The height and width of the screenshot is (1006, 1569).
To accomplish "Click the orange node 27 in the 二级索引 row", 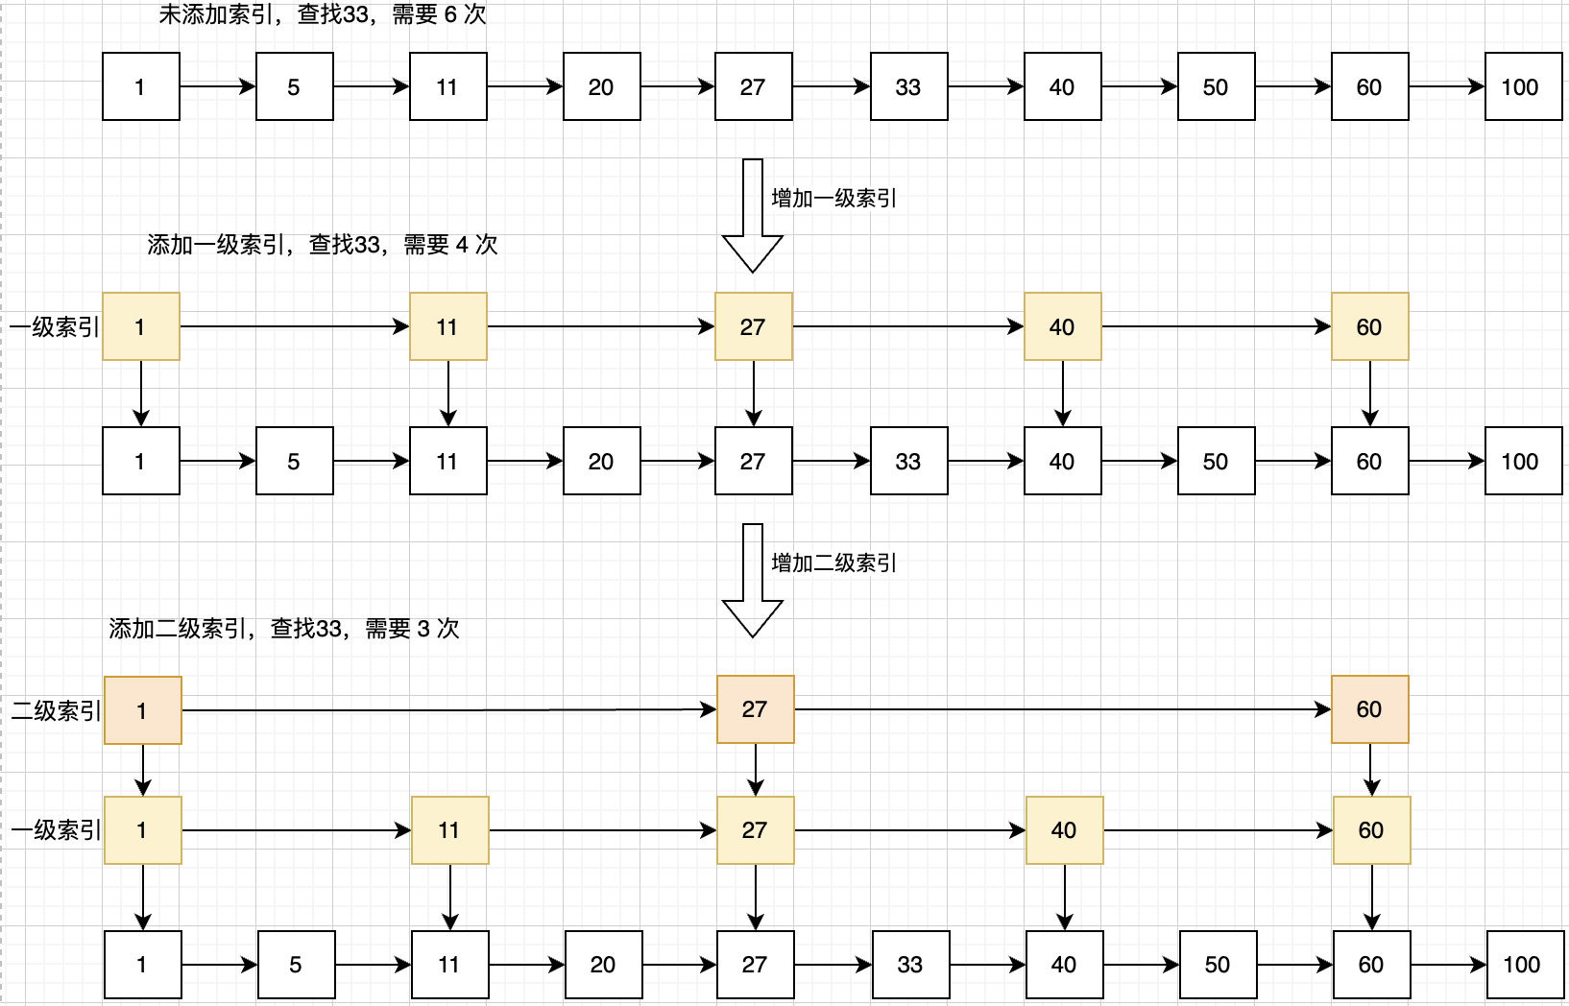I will pyautogui.click(x=756, y=709).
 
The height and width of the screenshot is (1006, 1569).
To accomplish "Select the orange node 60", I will pyautogui.click(x=1369, y=709).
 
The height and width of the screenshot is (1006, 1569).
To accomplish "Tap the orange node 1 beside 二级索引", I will pyautogui.click(x=142, y=710).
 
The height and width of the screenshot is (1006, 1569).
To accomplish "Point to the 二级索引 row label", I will pyautogui.click(x=56, y=711).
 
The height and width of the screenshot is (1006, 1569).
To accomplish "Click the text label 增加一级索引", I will pyautogui.click(x=833, y=199).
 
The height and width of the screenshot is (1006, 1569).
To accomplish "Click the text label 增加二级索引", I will pyautogui.click(x=833, y=563).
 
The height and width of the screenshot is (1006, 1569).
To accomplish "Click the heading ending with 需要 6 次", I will pyautogui.click(x=323, y=14).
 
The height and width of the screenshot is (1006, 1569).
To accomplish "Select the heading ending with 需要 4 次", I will pyautogui.click(x=323, y=245).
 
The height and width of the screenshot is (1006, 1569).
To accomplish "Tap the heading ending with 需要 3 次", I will pyautogui.click(x=284, y=629).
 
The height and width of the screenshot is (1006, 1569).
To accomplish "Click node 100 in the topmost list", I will pyautogui.click(x=1523, y=87).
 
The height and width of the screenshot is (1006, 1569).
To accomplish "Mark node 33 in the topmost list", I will pyautogui.click(x=908, y=87).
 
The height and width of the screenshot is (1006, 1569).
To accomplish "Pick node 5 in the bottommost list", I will pyautogui.click(x=296, y=965).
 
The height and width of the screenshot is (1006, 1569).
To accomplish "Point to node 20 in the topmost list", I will pyautogui.click(x=601, y=87).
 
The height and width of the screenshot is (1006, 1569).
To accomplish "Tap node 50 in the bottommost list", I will pyautogui.click(x=1218, y=965).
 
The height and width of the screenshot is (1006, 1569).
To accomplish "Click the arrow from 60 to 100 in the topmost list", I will pyautogui.click(x=1446, y=87).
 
